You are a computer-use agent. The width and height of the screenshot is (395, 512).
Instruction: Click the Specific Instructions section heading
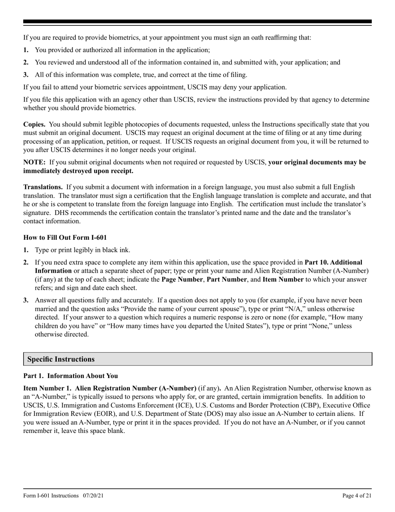point(61,359)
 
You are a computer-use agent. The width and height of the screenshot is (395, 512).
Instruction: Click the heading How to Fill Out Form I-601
point(65,238)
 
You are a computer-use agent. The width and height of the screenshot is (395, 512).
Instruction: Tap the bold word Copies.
point(35,124)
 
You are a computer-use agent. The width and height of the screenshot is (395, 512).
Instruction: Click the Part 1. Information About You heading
point(70,376)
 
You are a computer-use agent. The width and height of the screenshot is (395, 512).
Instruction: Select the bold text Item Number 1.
point(47,388)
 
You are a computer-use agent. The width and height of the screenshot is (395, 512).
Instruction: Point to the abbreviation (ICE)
point(189,405)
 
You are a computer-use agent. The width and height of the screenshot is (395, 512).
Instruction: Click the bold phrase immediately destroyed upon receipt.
point(78,171)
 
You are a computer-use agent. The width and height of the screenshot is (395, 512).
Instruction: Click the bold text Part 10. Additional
point(333,263)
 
